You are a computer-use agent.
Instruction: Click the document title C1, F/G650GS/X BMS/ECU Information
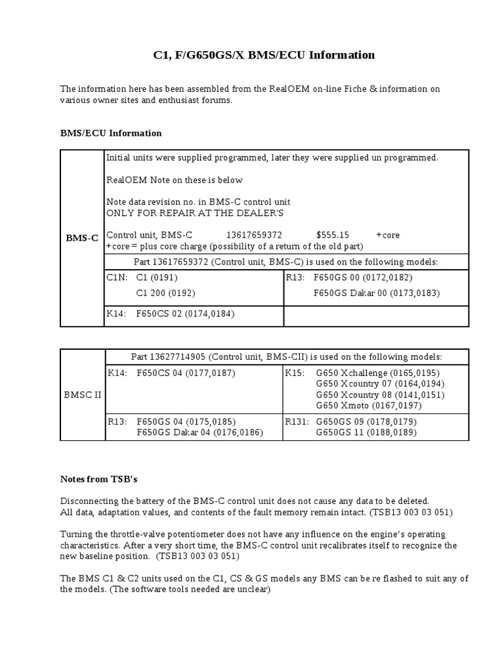click(264, 55)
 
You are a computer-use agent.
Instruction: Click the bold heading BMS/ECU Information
click(110, 133)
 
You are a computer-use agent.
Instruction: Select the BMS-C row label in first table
click(82, 238)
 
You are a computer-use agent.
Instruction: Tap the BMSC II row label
click(82, 394)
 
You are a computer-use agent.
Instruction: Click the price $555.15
click(333, 235)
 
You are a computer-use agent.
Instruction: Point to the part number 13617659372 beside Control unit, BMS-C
click(254, 235)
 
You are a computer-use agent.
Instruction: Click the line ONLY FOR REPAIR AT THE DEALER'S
click(196, 213)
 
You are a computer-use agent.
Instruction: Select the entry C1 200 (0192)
click(165, 293)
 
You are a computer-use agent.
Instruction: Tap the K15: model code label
click(294, 373)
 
